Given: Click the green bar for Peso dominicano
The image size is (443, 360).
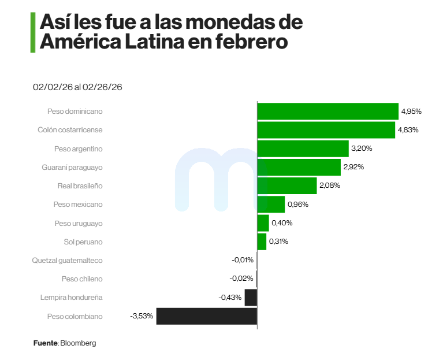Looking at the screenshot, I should [327, 111].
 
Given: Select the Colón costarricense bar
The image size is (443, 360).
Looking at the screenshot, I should [326, 129].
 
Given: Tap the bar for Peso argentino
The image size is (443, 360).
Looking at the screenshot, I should [303, 149].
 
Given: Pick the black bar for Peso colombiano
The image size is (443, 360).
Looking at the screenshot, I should [206, 316].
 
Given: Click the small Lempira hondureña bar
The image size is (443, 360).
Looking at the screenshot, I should [251, 298].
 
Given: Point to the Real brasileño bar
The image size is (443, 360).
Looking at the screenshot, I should [287, 185].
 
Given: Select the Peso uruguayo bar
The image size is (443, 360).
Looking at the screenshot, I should [263, 223].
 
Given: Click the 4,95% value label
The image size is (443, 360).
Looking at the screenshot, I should [411, 111].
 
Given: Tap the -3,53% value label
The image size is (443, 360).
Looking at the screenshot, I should [142, 316].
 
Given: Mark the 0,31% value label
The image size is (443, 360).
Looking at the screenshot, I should [278, 242].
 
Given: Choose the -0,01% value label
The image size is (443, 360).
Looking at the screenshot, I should [243, 260].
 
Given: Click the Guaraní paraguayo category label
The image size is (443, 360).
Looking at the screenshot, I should [72, 167].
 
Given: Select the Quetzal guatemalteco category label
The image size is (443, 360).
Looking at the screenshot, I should [67, 260].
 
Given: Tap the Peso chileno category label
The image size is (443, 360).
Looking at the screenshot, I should [82, 279].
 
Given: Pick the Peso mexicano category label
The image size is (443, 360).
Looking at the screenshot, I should [78, 205].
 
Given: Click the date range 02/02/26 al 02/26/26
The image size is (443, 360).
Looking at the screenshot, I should [78, 87].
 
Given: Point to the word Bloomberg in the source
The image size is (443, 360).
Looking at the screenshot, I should [78, 343].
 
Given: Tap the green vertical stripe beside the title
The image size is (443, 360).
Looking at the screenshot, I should [32, 33].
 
